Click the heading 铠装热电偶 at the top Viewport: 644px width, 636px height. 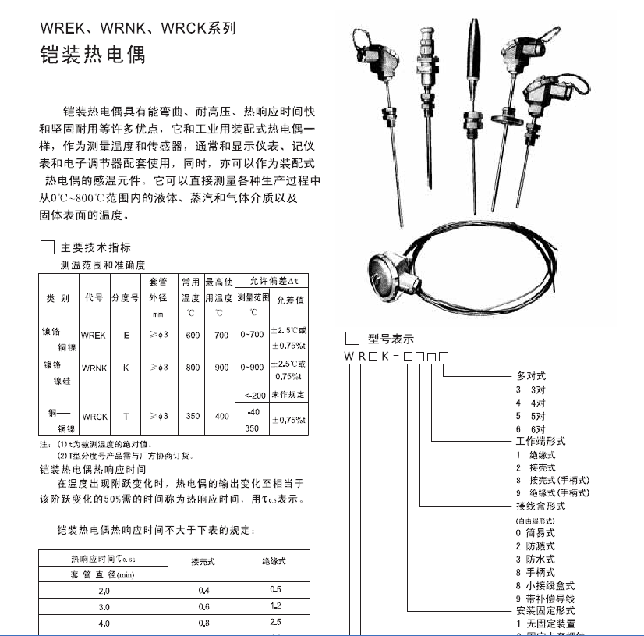click(92, 56)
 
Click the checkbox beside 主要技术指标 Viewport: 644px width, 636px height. click(47, 248)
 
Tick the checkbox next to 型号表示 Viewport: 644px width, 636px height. click(352, 339)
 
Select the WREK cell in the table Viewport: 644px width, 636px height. click(94, 336)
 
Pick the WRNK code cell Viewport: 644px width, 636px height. click(94, 368)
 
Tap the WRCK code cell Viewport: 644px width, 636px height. click(94, 417)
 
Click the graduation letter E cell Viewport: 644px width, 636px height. click(126, 336)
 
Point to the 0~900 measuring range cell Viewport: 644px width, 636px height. click(252, 368)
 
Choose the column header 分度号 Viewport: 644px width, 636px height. click(125, 298)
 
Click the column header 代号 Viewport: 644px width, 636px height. click(94, 298)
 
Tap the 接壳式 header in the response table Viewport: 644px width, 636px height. click(203, 561)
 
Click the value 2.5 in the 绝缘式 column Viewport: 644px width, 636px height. click(274, 623)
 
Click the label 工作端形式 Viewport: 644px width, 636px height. click(540, 441)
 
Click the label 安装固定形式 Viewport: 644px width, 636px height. click(545, 610)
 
